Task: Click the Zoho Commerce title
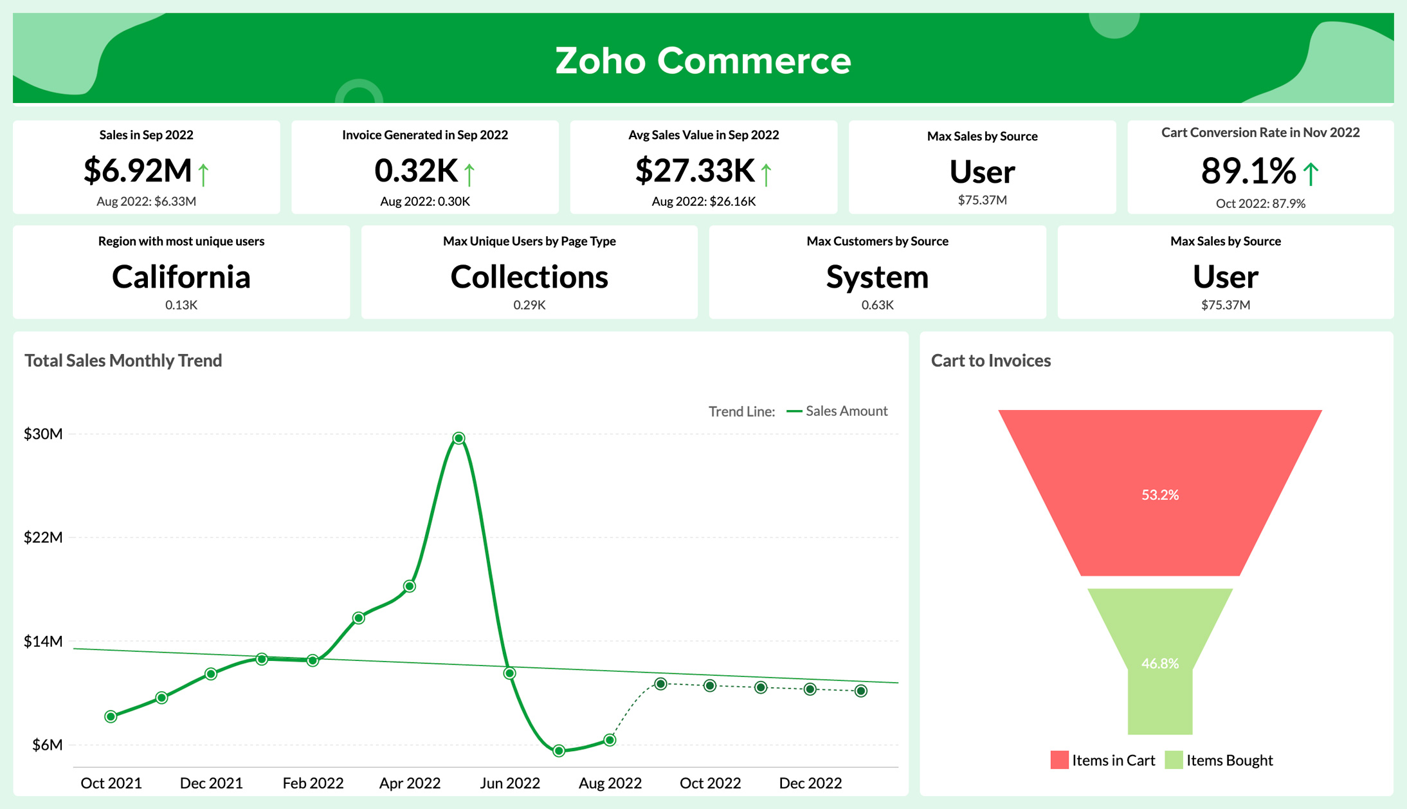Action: pos(703,60)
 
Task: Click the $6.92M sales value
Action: pos(138,171)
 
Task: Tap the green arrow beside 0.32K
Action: pos(469,174)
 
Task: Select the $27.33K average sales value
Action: pos(694,171)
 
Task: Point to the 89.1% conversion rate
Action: pos(1248,171)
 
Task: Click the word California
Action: pos(181,277)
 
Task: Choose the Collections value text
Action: pos(529,277)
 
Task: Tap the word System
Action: pos(877,277)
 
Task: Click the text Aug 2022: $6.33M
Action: pos(146,201)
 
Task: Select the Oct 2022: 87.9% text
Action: pos(1260,203)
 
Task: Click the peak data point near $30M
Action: pos(458,438)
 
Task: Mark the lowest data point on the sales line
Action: pos(559,750)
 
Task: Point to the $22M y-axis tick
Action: pos(43,537)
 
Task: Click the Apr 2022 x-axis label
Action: pos(410,783)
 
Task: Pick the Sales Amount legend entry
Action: pos(846,411)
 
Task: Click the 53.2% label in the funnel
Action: pos(1159,495)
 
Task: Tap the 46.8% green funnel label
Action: pos(1159,664)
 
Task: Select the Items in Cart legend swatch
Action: pos(1059,760)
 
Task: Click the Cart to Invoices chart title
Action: pos(990,360)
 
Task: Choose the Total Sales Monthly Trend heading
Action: pos(123,360)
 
